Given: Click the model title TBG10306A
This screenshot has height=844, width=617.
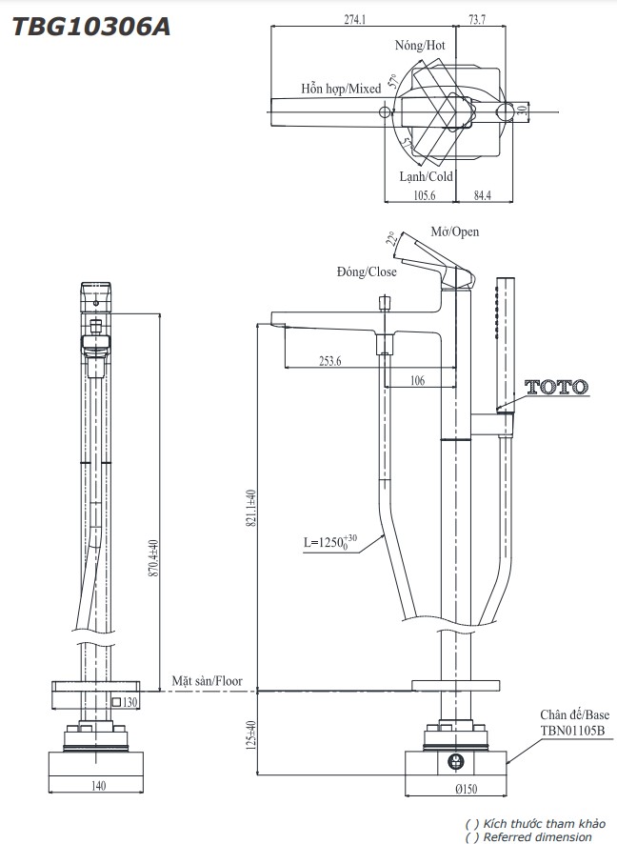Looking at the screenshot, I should point(91,27).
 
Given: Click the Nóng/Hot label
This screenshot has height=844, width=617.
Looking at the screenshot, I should point(420,45).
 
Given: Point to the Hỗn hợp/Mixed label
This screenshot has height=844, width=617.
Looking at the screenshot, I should point(341,89).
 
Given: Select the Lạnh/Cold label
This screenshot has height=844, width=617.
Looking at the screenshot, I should point(426,176).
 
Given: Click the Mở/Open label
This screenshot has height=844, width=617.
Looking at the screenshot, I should point(455,231).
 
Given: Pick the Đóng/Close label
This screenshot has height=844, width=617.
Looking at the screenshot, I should point(367,271).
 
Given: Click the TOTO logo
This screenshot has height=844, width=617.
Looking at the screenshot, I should point(556,387).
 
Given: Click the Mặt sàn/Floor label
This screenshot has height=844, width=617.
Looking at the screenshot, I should point(207,681).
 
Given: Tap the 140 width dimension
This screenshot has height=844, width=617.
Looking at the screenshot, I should point(98,786).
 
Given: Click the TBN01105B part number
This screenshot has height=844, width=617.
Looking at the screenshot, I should point(572,731).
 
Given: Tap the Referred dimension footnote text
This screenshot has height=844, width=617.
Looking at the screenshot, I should point(535,837).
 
